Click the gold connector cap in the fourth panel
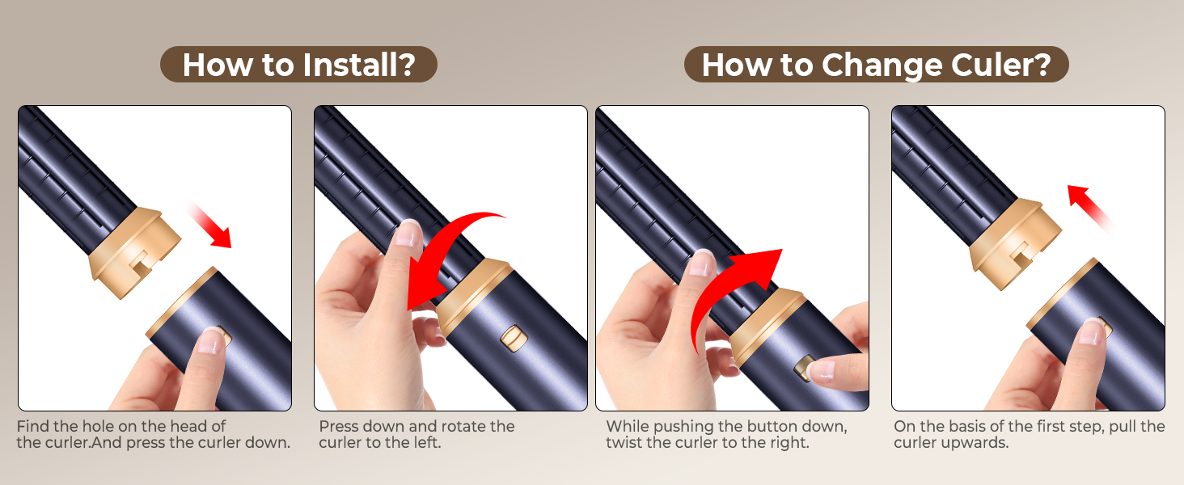tap(1015, 243)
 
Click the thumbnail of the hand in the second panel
tap(407, 233)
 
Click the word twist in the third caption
tap(627, 443)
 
